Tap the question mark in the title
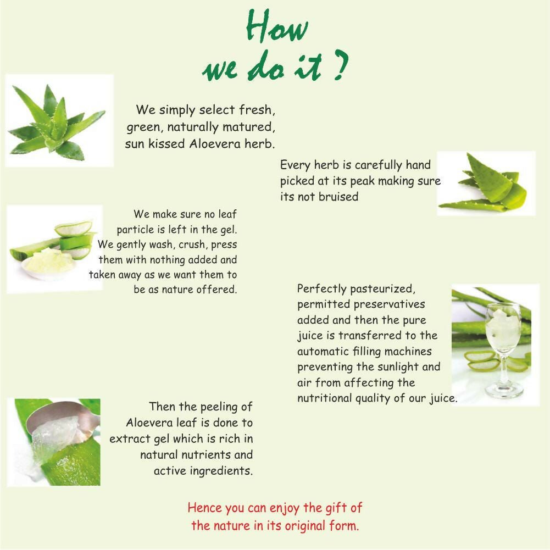(340, 64)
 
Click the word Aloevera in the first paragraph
(215, 143)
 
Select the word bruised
(338, 197)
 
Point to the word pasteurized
(382, 289)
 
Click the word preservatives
(389, 304)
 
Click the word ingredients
(221, 471)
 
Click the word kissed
(166, 143)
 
